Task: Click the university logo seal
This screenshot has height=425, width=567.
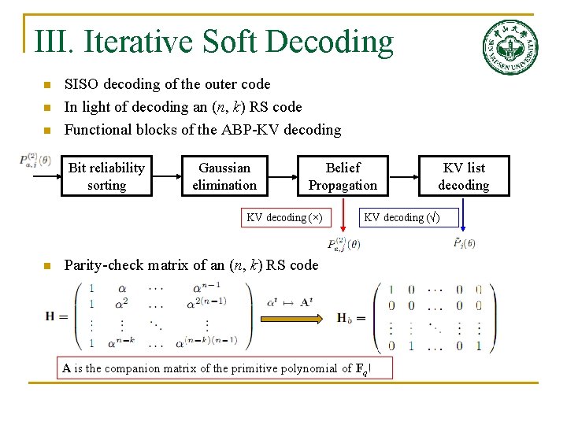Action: [x=510, y=47]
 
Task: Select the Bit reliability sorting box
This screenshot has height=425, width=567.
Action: [x=106, y=176]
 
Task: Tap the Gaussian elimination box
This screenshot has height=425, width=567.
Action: [x=224, y=176]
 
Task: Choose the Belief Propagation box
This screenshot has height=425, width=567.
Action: [x=343, y=176]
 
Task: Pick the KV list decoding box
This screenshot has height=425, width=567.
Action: [x=463, y=176]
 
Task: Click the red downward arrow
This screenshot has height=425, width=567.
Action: [x=343, y=222]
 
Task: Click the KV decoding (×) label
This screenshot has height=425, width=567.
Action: [x=284, y=217]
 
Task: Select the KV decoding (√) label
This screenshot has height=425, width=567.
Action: [x=402, y=217]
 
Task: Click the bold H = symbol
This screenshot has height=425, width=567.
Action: [x=57, y=316]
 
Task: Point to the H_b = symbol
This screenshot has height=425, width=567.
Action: [x=350, y=318]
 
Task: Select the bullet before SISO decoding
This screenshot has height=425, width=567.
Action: [x=47, y=85]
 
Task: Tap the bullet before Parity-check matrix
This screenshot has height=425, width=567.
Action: [x=47, y=266]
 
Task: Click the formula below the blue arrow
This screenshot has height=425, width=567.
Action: [x=465, y=243]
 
